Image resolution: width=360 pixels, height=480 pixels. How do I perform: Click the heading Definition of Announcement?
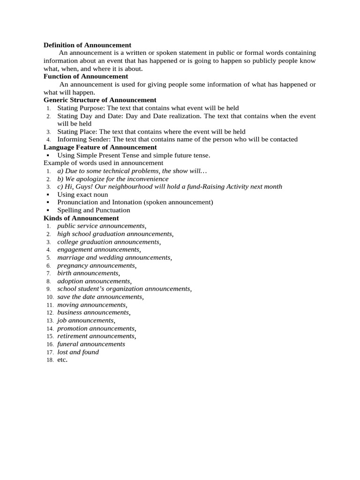click(87, 45)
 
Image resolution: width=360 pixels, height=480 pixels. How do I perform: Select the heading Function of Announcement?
click(86, 76)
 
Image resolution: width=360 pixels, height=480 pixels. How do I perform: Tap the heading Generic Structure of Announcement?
click(100, 100)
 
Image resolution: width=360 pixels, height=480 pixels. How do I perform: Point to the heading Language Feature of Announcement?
click(100, 147)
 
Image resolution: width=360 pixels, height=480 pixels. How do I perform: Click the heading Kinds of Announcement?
click(81, 218)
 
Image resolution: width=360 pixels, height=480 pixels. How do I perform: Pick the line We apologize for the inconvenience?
click(113, 179)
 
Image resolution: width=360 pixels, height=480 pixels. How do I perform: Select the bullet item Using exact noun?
click(82, 195)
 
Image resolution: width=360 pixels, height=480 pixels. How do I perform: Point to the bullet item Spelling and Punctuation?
click(94, 210)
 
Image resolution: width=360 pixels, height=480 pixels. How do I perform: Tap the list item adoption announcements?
click(94, 281)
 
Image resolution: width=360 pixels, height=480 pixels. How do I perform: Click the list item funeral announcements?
click(91, 344)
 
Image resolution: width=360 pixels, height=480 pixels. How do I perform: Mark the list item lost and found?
click(78, 352)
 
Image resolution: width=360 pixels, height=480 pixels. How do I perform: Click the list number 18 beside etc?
click(50, 360)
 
